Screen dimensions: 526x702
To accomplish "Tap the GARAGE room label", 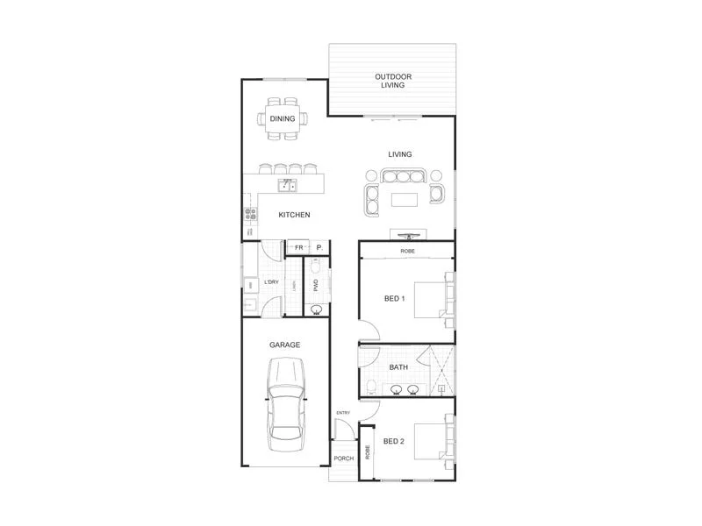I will tap(285, 345).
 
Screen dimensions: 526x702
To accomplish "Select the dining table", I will tap(283, 118).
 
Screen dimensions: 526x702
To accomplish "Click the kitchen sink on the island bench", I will tap(287, 184).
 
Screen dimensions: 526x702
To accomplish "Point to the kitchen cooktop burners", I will tap(250, 213).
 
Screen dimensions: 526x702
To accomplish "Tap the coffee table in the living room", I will tap(404, 200).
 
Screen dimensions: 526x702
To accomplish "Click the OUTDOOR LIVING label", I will tap(394, 81).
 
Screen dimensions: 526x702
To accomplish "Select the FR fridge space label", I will tap(298, 247).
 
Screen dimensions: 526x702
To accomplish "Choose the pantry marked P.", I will tap(319, 247).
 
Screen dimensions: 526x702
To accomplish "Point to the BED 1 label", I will tap(394, 298).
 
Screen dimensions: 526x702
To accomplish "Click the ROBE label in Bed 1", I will tap(407, 252).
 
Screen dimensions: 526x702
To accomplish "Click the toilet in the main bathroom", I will tap(372, 387).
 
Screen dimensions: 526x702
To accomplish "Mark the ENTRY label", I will tap(342, 412).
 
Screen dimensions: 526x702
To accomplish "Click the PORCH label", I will tap(343, 458).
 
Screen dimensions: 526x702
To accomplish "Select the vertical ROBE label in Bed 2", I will tap(368, 451).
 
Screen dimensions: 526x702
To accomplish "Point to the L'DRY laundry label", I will tap(271, 282).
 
